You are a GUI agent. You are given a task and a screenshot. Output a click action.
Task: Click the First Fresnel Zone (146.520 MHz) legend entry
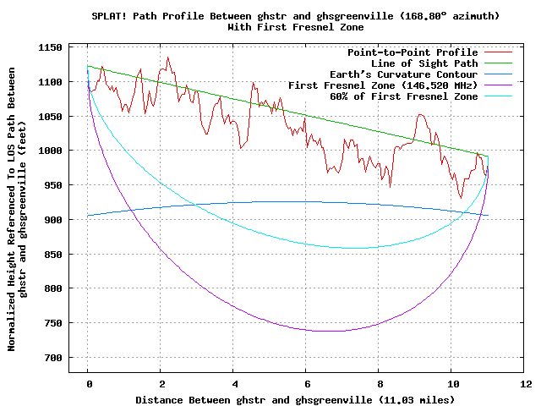point(383,85)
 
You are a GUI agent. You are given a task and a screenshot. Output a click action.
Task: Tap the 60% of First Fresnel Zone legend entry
point(404,96)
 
